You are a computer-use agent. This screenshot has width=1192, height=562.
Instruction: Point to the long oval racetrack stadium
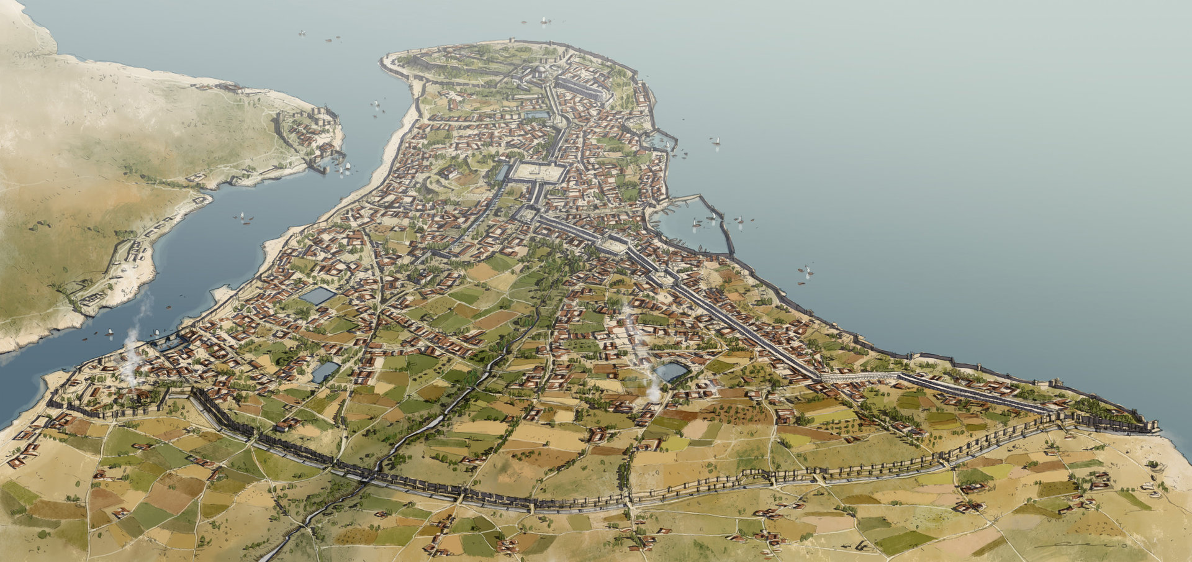(580, 91)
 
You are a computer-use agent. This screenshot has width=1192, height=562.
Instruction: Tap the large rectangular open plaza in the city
(539, 172)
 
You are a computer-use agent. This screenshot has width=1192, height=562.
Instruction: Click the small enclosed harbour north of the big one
(658, 142)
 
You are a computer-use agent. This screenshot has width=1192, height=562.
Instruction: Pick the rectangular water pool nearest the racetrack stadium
(537, 115)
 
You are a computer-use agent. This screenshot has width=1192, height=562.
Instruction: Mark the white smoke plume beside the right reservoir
(653, 385)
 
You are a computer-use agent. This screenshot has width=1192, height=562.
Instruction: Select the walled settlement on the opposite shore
(310, 137)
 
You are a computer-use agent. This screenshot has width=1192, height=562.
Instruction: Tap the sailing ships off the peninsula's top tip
(545, 21)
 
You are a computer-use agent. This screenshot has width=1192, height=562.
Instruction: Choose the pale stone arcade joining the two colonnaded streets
(860, 376)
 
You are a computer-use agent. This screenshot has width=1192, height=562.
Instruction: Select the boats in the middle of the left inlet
(246, 217)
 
